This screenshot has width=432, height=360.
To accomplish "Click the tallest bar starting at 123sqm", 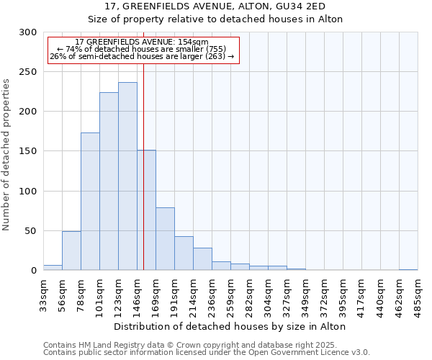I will point(127,176).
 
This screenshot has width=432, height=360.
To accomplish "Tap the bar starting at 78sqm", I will point(90,202).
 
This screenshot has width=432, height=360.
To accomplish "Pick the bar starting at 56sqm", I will point(71,251).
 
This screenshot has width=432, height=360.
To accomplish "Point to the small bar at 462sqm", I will point(408,269).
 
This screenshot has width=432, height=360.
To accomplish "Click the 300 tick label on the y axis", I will point(27,32).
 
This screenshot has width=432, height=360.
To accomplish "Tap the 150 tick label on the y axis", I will point(27,151).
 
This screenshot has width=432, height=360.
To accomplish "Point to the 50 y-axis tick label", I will point(30,231).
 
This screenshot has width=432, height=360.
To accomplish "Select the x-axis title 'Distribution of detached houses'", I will point(230,327).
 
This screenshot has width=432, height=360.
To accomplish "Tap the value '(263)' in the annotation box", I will point(215,56).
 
